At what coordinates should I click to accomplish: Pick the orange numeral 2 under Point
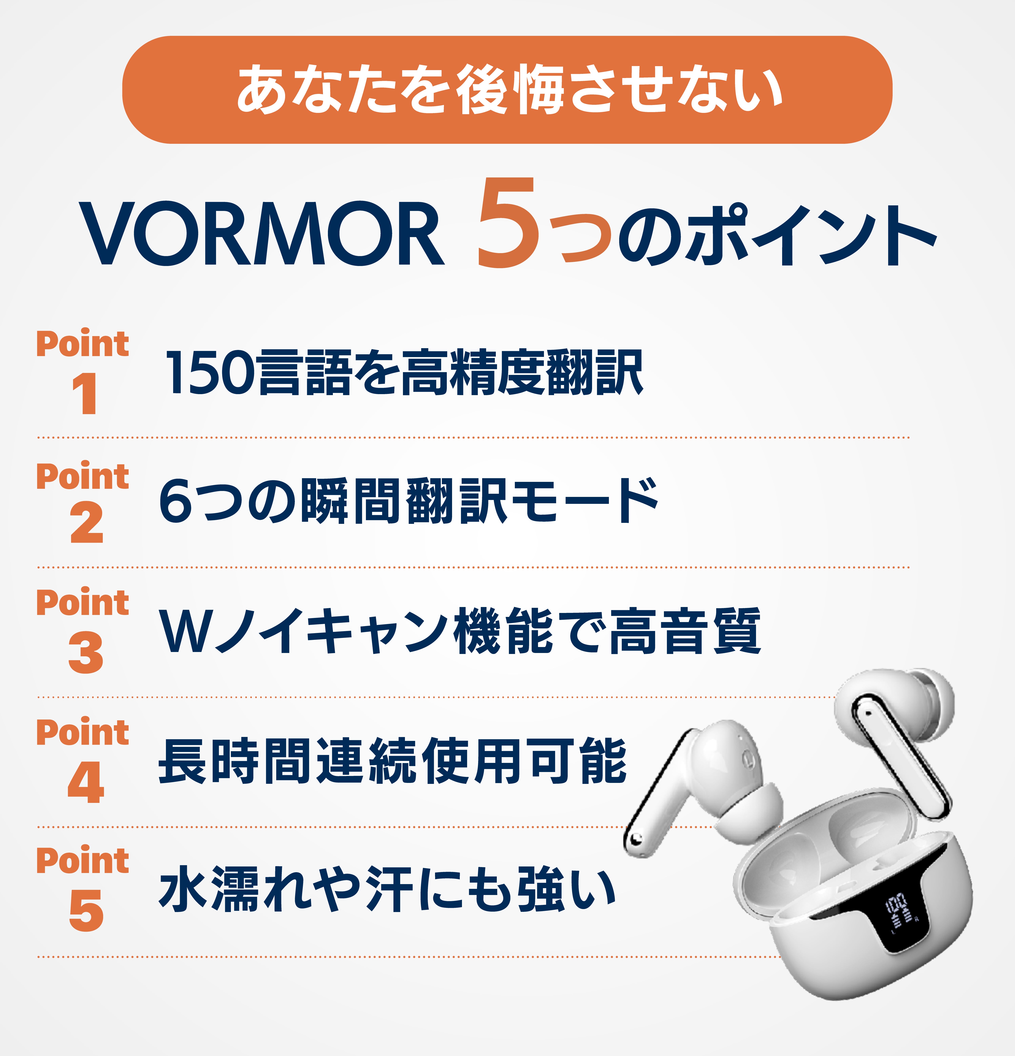[x=86, y=523]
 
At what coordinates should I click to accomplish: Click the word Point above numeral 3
[x=82, y=602]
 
